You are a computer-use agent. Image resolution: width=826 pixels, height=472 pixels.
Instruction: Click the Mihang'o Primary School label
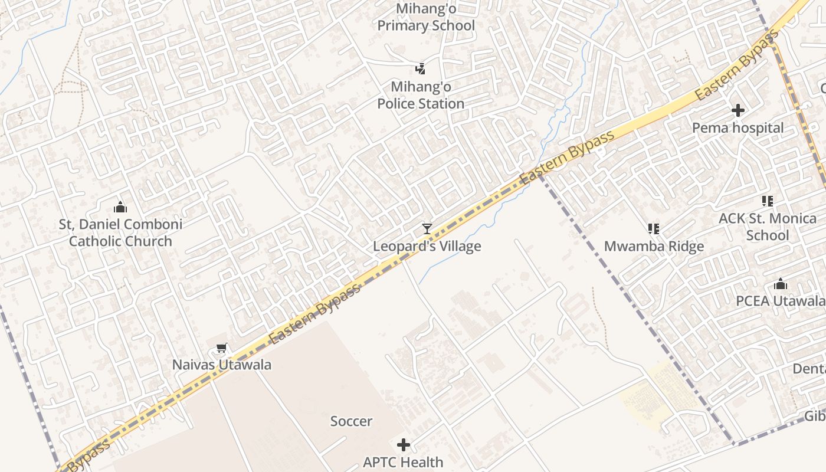(426, 17)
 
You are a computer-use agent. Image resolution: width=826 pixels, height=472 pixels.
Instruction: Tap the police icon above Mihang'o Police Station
(420, 69)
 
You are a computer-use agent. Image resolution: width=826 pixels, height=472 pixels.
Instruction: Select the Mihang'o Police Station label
(421, 95)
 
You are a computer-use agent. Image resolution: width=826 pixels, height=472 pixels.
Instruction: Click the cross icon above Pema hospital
(737, 110)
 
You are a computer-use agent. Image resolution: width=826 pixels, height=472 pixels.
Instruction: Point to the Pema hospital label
(737, 128)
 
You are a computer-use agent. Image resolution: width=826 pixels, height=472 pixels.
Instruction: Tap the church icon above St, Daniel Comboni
(120, 207)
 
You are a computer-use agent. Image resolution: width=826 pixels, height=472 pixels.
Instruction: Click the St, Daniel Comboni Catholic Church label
(120, 232)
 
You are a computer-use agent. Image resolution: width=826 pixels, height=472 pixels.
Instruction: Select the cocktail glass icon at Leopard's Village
(427, 229)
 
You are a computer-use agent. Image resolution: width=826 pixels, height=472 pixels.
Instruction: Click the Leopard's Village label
(427, 246)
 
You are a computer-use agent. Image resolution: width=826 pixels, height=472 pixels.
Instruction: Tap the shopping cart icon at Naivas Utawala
(221, 348)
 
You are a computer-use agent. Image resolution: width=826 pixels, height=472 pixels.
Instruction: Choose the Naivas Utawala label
(222, 365)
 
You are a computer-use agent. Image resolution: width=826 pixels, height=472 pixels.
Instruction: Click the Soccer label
(351, 421)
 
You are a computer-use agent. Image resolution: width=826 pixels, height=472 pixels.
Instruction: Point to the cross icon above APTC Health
(404, 444)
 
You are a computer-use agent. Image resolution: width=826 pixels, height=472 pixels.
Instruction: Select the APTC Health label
(403, 462)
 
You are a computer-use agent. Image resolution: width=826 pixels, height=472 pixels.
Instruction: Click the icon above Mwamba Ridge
(653, 228)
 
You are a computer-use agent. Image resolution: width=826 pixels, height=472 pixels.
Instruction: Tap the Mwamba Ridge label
(654, 246)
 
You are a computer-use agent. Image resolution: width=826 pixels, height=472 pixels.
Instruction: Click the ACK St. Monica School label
(768, 227)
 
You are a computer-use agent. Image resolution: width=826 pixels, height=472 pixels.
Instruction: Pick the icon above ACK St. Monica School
(767, 201)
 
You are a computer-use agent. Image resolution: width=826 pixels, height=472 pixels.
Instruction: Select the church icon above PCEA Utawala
(781, 284)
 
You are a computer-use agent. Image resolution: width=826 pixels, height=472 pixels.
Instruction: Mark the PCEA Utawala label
(780, 301)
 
